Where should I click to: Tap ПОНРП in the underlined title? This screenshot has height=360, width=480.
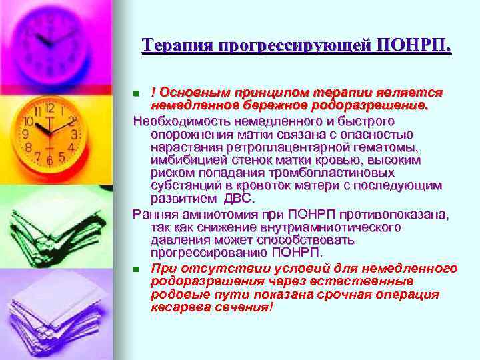(x=414, y=46)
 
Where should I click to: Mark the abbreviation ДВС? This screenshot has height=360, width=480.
(x=240, y=198)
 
